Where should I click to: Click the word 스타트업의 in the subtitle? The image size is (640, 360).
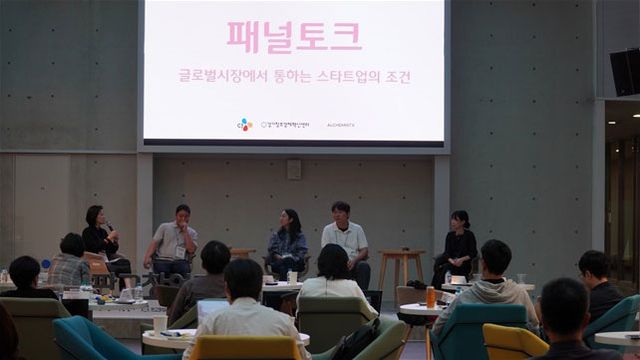pos(357,76)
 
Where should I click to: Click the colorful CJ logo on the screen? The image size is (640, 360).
pos(245,124)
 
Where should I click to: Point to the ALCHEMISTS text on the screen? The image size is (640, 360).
pos(340,125)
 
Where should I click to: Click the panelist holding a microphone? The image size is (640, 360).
pos(99,237)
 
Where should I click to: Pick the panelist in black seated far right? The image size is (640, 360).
pos(458,245)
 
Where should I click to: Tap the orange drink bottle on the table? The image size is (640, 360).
pos(431,297)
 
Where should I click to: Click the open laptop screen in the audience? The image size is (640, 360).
pos(211,309)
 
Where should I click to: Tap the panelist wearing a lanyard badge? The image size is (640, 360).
pos(174,240)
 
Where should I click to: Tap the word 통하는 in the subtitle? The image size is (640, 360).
pos(291,76)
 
